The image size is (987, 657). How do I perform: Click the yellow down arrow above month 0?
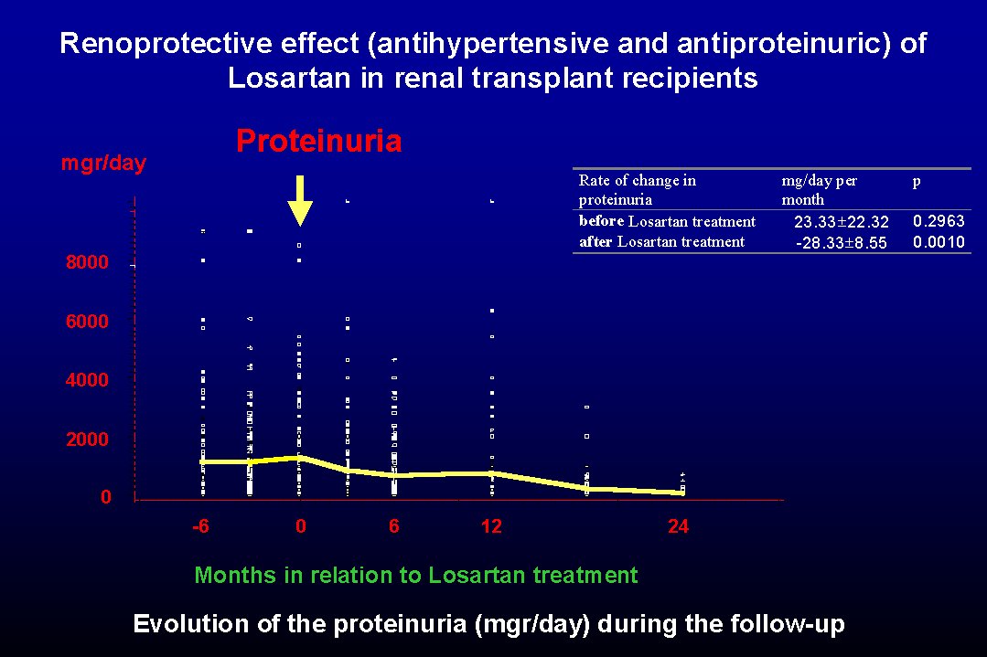(300, 200)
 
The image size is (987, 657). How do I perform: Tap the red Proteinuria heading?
(319, 141)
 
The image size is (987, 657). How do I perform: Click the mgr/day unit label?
(104, 164)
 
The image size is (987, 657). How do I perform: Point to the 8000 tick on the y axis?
(87, 262)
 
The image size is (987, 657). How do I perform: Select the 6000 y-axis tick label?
(87, 322)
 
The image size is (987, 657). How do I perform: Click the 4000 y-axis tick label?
(87, 380)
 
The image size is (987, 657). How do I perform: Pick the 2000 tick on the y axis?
(87, 439)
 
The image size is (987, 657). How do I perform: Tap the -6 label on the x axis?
(201, 526)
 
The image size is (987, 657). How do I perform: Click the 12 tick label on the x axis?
(491, 526)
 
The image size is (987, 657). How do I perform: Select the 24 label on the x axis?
(679, 526)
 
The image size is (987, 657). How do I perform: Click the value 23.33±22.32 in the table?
(841, 222)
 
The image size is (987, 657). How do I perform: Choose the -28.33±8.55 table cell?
(841, 243)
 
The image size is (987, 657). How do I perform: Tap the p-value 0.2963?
(939, 221)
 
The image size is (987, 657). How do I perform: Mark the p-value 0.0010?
(939, 242)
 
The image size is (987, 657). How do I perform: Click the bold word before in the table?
(601, 221)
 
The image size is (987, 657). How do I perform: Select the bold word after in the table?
(595, 241)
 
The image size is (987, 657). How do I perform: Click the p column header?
(917, 183)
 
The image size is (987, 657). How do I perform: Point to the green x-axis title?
(416, 576)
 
